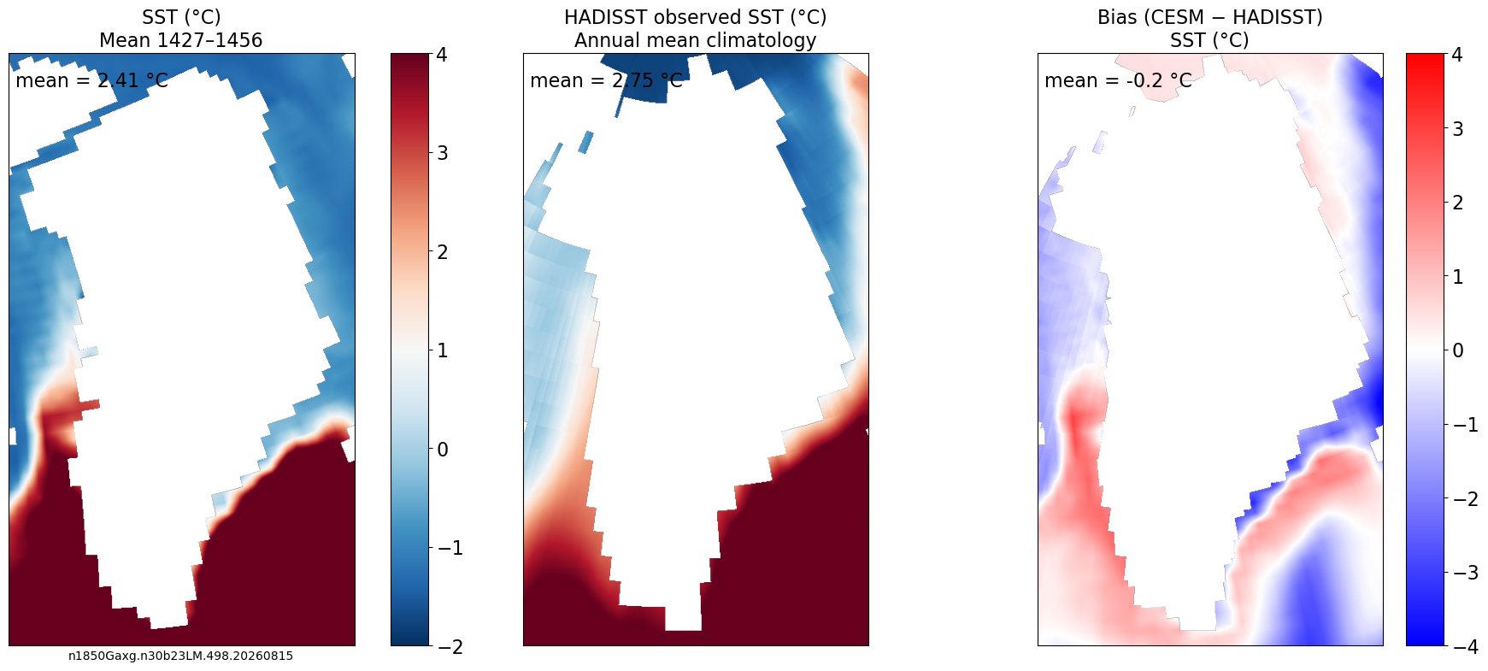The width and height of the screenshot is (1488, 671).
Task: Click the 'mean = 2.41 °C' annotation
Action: pyautogui.click(x=91, y=80)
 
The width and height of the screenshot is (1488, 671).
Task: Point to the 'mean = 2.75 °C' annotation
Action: pyautogui.click(x=606, y=80)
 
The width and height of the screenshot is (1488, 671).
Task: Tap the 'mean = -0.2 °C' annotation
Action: pyautogui.click(x=1118, y=80)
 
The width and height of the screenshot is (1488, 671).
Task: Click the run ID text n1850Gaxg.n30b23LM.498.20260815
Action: pyautogui.click(x=180, y=656)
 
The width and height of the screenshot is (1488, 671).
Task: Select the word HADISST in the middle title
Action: pyautogui.click(x=602, y=17)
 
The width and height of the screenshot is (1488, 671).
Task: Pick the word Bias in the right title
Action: pyautogui.click(x=1118, y=17)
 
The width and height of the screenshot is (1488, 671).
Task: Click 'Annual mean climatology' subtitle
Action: pyautogui.click(x=696, y=40)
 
